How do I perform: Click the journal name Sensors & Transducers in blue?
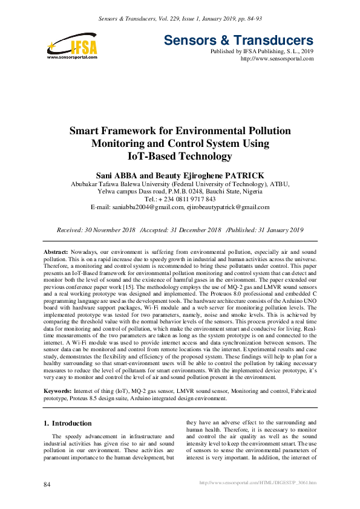[x=239, y=41]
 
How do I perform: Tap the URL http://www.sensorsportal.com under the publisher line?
[x=277, y=59]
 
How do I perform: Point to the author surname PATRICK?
[x=241, y=175]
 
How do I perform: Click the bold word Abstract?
[x=56, y=250]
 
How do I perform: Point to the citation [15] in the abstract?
[x=123, y=289]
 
